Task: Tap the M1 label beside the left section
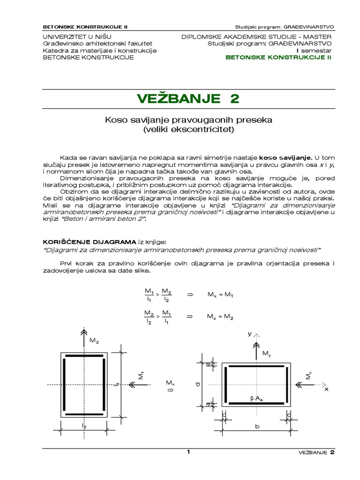click(140, 375)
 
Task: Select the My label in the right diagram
click(266, 352)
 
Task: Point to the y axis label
click(250, 333)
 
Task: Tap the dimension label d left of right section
click(198, 384)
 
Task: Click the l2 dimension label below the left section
click(84, 425)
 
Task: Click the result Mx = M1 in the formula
click(220, 294)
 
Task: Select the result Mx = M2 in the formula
click(220, 316)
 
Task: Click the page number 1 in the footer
click(188, 452)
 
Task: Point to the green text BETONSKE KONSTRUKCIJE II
click(278, 57)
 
